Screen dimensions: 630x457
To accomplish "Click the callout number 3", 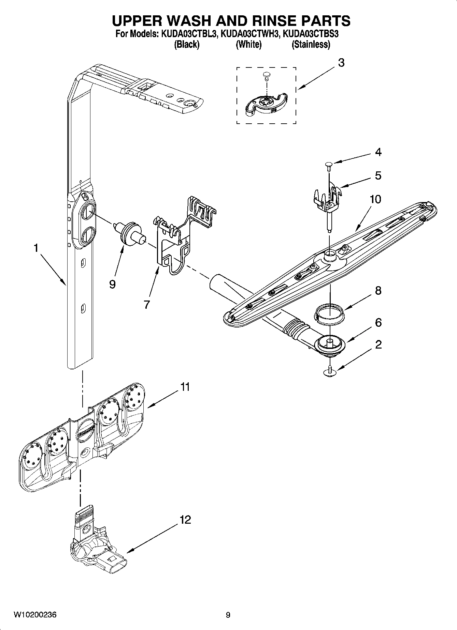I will [341, 63].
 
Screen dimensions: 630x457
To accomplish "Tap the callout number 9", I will [112, 284].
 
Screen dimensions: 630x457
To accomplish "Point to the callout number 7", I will [147, 304].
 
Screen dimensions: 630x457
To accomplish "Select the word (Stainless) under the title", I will [311, 44].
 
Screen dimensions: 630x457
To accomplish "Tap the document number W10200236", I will [35, 615].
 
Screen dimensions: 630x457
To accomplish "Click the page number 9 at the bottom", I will [228, 615].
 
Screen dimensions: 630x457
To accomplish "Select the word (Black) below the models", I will [187, 44].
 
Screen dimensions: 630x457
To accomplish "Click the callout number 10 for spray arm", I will [375, 199].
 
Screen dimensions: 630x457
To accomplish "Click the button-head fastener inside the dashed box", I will [267, 75].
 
